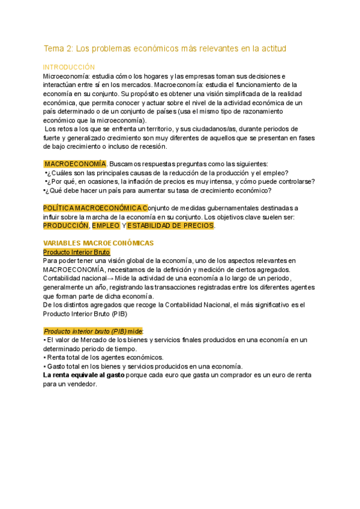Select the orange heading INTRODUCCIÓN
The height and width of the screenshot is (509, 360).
tap(69, 68)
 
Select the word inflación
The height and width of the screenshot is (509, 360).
tap(137, 182)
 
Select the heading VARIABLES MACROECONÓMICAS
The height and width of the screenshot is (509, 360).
tap(98, 243)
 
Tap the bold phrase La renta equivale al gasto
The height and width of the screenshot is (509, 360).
tap(84, 375)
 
